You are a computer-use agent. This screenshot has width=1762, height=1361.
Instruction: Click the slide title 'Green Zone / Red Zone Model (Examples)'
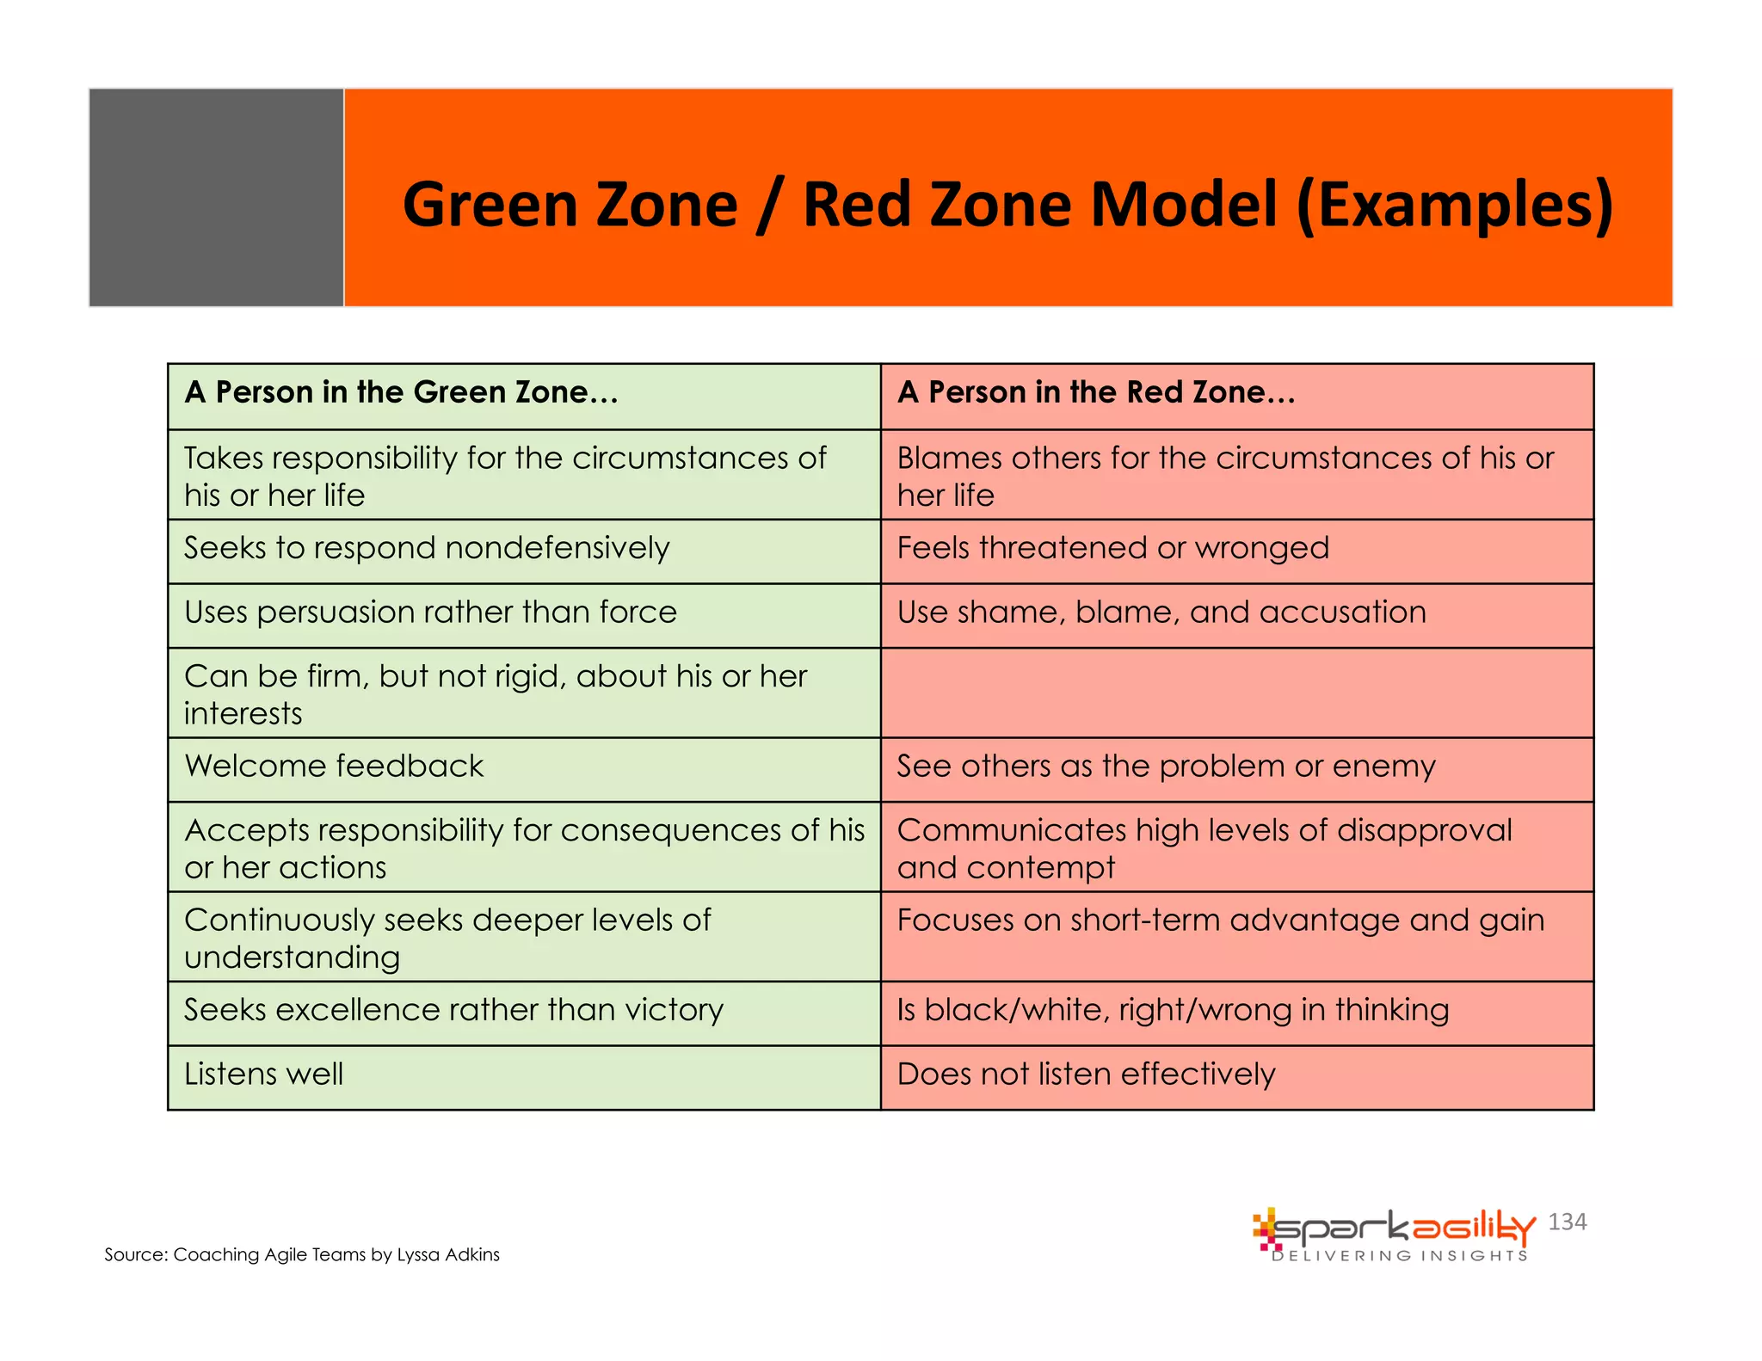(x=1007, y=205)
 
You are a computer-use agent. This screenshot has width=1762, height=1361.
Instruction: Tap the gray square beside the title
(x=216, y=197)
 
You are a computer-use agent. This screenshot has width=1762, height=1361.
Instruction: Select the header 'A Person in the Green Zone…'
(x=402, y=392)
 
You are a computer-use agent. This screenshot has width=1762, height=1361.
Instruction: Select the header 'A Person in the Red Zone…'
(x=1096, y=392)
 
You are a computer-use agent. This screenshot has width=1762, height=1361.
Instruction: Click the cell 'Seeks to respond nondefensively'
(x=427, y=548)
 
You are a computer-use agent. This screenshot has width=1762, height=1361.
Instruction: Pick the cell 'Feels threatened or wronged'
(x=1112, y=548)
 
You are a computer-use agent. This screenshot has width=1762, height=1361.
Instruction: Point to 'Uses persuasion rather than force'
(x=430, y=613)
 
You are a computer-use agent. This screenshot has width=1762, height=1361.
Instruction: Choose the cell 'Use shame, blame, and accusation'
(x=1161, y=613)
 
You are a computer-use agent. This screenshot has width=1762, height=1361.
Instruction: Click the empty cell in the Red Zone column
(x=1236, y=693)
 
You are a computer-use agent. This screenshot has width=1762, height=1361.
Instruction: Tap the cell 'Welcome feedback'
(x=334, y=767)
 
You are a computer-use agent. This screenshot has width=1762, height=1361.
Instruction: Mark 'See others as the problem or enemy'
(x=1166, y=767)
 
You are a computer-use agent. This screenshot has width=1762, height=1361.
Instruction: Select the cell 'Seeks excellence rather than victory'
(x=453, y=1010)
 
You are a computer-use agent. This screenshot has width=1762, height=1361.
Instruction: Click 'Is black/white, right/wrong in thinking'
(x=1173, y=1010)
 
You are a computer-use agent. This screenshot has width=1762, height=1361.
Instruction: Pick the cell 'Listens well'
(x=263, y=1075)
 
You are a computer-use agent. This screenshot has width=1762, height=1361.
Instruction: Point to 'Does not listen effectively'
(x=1086, y=1075)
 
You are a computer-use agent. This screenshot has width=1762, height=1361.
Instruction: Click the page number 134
(x=1567, y=1222)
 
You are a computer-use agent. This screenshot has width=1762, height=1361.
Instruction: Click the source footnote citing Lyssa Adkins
(x=302, y=1254)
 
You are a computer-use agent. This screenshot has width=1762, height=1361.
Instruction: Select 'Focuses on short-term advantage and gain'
(x=1220, y=921)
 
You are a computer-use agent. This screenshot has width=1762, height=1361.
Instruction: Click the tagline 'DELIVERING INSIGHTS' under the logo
(x=1400, y=1256)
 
